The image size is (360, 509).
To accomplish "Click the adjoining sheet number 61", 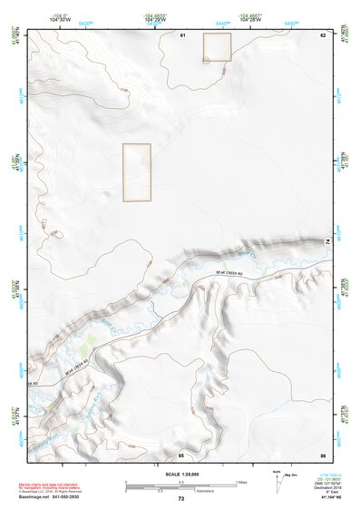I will pos(182,34).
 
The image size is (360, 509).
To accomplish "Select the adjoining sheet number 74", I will pos(326,240).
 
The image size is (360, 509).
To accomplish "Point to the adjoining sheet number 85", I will pos(181,454).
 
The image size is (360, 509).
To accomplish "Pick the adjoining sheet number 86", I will pos(322,454).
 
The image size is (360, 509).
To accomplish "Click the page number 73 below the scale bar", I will pos(181,498).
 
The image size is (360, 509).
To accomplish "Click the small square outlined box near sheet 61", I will pos(217,47).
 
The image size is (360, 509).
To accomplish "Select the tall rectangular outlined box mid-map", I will pos(136,171).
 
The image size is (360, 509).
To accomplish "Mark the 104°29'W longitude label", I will pos(155,21).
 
